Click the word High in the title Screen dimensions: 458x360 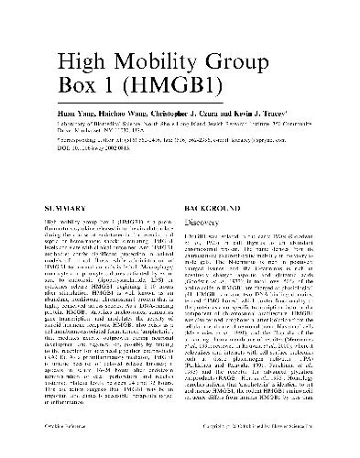(80, 62)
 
